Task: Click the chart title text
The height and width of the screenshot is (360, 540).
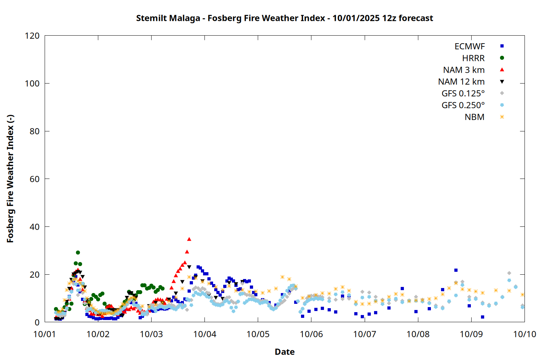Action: click(x=284, y=18)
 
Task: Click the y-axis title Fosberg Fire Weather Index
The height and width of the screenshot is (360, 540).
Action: click(x=10, y=179)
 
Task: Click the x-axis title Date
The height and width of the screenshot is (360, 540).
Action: click(x=284, y=352)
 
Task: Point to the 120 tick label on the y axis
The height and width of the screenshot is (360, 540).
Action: click(x=32, y=36)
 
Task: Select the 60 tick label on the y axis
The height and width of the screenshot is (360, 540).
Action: click(x=35, y=179)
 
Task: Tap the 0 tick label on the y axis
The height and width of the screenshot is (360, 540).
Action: click(x=37, y=322)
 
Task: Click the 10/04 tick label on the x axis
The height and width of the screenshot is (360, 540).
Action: click(x=204, y=334)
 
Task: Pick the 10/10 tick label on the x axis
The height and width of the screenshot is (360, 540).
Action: click(x=525, y=334)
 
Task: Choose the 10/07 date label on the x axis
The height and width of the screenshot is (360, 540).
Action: click(x=365, y=334)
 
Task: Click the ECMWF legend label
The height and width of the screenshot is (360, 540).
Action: click(x=469, y=46)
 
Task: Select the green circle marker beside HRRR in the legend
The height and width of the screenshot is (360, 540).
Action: click(x=502, y=58)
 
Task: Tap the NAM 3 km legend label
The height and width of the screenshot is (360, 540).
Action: click(x=464, y=70)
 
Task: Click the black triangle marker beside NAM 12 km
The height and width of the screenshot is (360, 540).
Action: click(x=502, y=82)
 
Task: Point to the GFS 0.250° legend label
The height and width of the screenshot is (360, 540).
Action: click(x=463, y=105)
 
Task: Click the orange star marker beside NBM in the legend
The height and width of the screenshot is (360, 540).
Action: click(x=502, y=117)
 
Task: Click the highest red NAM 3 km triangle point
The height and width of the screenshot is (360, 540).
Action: click(x=189, y=239)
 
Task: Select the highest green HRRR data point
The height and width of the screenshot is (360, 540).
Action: click(x=78, y=253)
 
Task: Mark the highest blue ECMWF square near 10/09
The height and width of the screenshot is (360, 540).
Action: click(x=456, y=270)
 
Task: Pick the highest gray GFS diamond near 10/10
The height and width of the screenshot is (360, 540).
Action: click(x=509, y=273)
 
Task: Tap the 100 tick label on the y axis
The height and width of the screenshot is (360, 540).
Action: click(x=32, y=84)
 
